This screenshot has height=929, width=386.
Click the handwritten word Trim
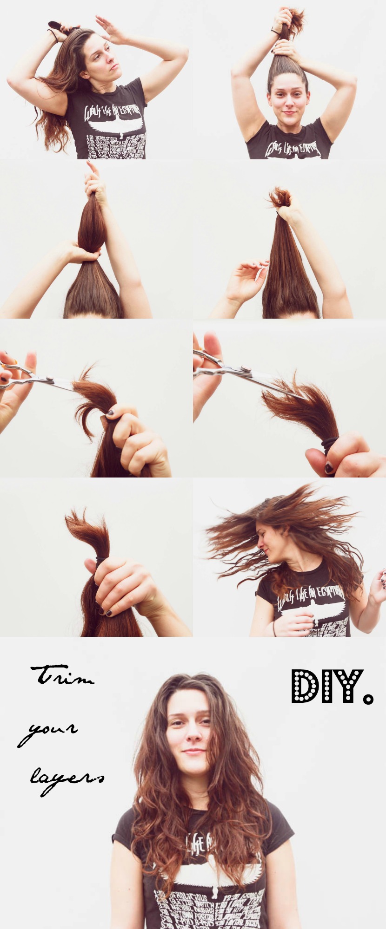point(62,675)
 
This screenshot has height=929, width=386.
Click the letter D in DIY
point(304,686)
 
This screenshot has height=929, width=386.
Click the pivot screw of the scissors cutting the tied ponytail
point(246,370)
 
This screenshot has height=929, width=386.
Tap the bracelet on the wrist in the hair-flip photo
point(274,628)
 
